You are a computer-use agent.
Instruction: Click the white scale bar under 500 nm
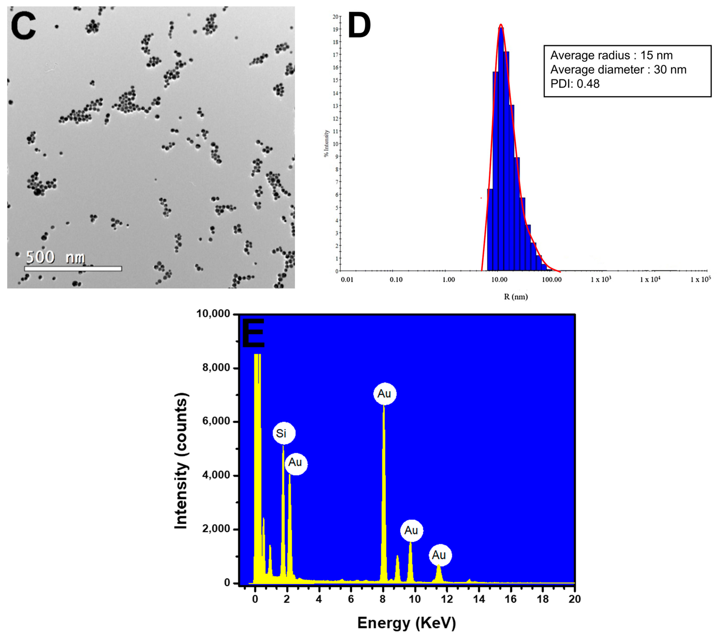[x=73, y=269]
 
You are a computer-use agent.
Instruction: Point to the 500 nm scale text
[x=55, y=257]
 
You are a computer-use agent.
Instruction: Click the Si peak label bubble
[x=284, y=433]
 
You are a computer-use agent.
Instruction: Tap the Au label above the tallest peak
[x=384, y=394]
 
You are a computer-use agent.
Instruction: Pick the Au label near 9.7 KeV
[x=411, y=530]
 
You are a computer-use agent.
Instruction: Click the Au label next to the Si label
[x=295, y=462]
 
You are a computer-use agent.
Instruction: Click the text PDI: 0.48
[x=575, y=84]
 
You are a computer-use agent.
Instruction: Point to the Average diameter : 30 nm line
[x=618, y=70]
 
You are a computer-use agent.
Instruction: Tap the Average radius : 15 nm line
[x=611, y=55]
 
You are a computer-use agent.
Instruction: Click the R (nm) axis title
[x=516, y=297]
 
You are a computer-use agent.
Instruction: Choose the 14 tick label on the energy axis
[x=479, y=599]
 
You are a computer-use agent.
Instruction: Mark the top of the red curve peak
[x=501, y=25]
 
